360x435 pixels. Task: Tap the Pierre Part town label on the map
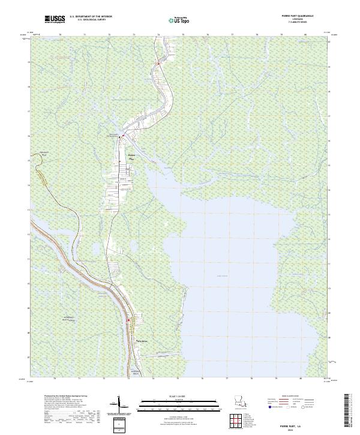tap(133, 156)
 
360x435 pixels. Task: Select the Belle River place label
tap(142, 341)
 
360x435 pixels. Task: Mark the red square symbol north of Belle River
tap(128, 320)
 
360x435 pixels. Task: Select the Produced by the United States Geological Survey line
tap(66, 397)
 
